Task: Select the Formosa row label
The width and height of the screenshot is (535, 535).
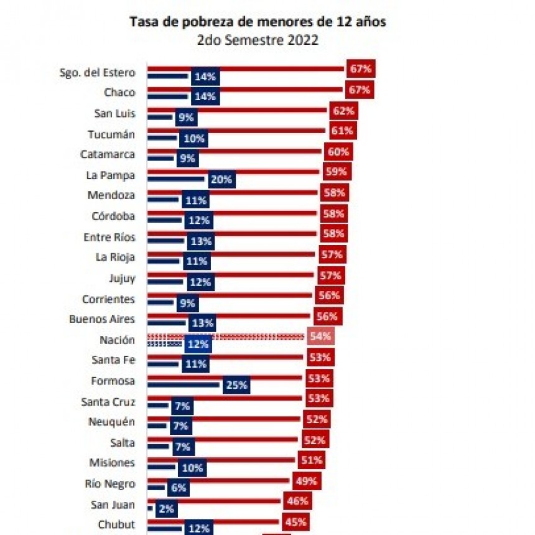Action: tap(112, 381)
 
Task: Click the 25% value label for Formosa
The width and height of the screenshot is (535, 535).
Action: tap(236, 385)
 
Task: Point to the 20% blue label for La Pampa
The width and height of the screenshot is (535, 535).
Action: tap(221, 180)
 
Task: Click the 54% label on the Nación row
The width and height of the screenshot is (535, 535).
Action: tap(321, 337)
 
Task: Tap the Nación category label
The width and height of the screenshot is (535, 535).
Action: tap(117, 340)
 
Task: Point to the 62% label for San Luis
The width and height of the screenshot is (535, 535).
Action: tap(343, 111)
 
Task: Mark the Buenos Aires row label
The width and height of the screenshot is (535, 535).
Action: tap(101, 319)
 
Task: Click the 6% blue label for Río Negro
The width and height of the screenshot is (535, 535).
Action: tap(179, 488)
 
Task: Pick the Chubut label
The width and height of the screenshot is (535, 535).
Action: tap(116, 524)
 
